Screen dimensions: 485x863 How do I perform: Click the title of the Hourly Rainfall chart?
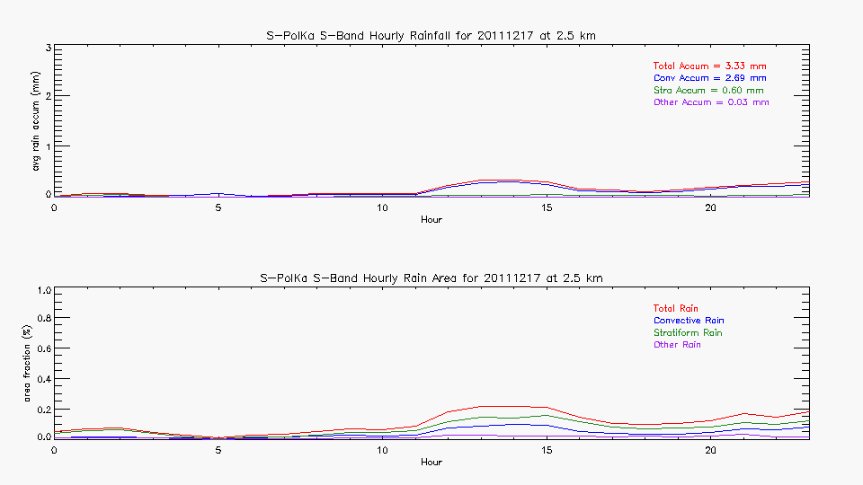[x=431, y=35]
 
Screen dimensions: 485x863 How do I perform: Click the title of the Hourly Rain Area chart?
[x=431, y=278]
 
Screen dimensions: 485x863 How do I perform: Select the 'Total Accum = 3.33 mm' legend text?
[x=709, y=66]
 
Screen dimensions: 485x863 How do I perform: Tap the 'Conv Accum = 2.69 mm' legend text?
[x=709, y=78]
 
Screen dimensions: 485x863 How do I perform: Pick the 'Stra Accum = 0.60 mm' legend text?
[x=708, y=91]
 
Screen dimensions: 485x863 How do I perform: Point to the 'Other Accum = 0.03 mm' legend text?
[x=711, y=102]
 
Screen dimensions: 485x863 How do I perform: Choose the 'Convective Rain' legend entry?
[x=689, y=321]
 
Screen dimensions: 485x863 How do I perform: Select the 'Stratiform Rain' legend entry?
[x=688, y=333]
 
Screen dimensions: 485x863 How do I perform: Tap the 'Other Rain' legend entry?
[x=677, y=345]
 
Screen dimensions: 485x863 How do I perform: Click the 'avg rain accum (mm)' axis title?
[x=36, y=122]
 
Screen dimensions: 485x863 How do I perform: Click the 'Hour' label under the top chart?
[x=431, y=219]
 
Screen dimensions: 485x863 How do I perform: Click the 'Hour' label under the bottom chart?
[x=431, y=462]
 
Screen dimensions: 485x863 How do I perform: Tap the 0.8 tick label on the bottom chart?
[x=41, y=319]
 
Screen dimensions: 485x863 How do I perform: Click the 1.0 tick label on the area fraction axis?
[x=41, y=290]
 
